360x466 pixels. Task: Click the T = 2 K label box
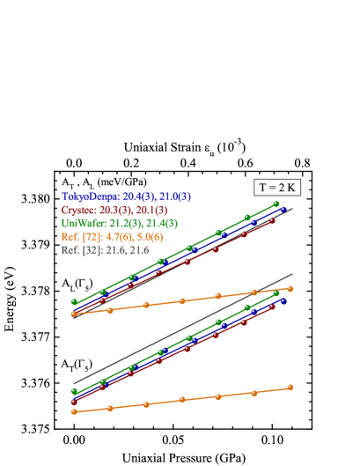277,188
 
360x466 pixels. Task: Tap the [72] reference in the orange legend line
92,237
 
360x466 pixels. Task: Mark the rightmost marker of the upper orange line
290,288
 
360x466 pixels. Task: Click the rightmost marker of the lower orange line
290,387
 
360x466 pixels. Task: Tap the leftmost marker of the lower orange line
74,411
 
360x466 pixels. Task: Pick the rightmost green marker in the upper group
276,203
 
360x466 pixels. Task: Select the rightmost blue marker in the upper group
283,210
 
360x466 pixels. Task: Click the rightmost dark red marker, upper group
273,220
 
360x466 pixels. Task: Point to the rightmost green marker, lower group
276,293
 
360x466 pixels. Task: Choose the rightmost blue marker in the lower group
283,300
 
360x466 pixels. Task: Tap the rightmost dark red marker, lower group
273,307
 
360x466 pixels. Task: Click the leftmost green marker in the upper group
74,303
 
